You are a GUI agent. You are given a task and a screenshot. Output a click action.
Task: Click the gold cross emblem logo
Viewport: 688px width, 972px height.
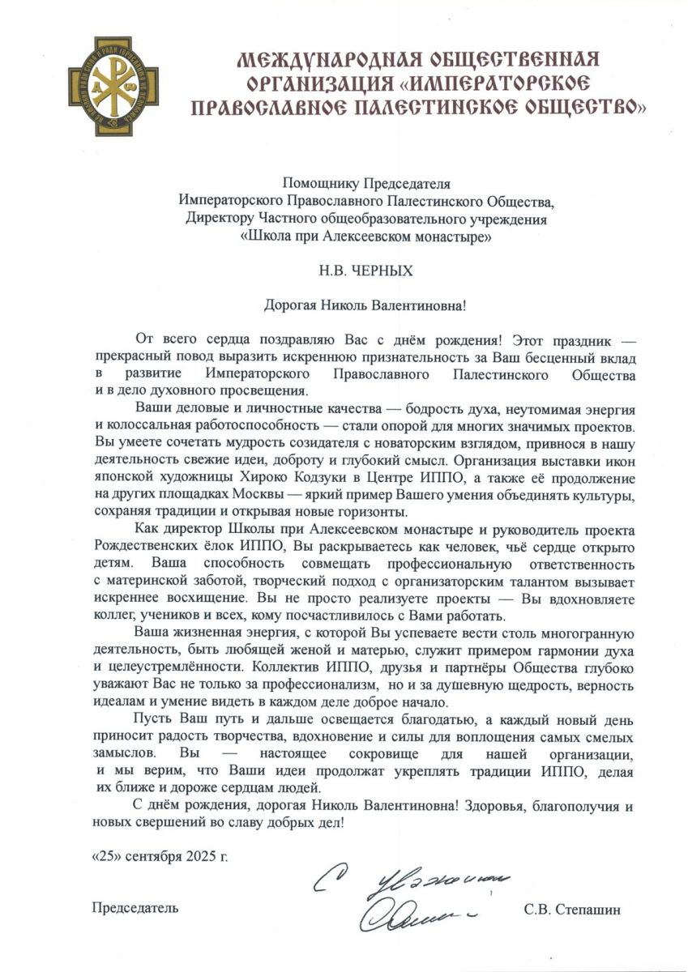[x=112, y=86]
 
